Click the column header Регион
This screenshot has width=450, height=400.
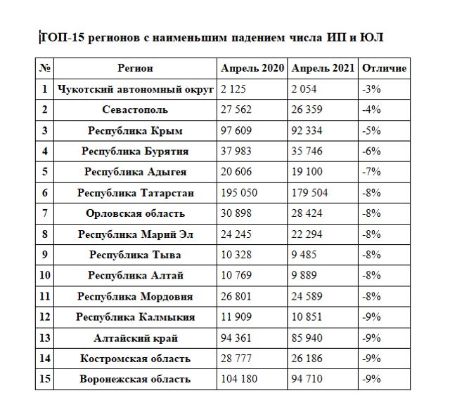tap(136, 69)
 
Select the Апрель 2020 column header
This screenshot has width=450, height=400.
tap(252, 69)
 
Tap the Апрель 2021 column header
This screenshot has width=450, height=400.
tap(323, 69)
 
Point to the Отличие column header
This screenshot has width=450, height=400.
tap(383, 69)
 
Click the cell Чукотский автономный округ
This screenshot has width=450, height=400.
tap(136, 89)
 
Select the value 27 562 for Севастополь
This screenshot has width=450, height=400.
tap(236, 109)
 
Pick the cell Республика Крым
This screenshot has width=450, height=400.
tap(136, 131)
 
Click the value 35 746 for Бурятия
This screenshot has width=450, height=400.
tap(307, 151)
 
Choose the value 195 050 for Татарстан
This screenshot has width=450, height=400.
tap(238, 193)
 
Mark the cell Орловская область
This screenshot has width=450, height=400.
tap(136, 213)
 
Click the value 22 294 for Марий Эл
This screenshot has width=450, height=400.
tap(307, 234)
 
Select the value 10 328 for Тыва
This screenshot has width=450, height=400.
tap(236, 255)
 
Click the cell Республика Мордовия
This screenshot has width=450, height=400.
tap(136, 297)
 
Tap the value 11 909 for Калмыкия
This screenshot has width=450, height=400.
tap(236, 317)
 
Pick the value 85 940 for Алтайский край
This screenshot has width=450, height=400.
tap(307, 338)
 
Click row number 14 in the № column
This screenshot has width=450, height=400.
tap(44, 359)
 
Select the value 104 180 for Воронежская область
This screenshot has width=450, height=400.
tap(238, 380)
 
